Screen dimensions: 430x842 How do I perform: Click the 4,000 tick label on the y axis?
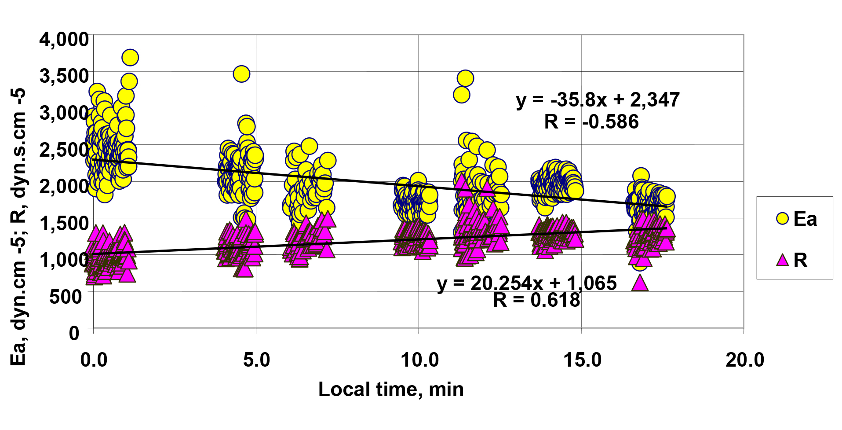(x=64, y=40)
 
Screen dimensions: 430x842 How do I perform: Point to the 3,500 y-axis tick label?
(x=64, y=76)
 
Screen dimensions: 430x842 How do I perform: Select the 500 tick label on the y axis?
(x=66, y=297)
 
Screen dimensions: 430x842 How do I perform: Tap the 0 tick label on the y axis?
(x=74, y=333)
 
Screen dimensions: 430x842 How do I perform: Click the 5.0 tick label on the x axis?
(x=256, y=360)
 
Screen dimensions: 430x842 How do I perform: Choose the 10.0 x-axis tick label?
(x=419, y=360)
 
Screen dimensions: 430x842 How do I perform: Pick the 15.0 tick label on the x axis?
(x=582, y=360)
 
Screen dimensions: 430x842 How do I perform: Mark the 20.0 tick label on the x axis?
(x=745, y=360)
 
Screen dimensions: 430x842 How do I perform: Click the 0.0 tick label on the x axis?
(x=94, y=360)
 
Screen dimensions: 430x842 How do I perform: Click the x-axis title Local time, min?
(x=391, y=390)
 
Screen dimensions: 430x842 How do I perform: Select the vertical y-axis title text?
(x=18, y=227)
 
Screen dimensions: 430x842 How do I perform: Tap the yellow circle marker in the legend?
(x=783, y=219)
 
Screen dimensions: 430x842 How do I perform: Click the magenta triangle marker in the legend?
(x=783, y=260)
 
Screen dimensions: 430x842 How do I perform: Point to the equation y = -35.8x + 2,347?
(x=598, y=100)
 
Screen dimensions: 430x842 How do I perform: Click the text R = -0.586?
(x=591, y=122)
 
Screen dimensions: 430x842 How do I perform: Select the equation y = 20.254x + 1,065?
(x=527, y=283)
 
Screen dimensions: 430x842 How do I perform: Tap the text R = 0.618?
(x=536, y=300)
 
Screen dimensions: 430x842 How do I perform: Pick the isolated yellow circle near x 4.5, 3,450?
(x=241, y=74)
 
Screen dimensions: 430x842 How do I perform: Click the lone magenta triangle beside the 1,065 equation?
(x=640, y=283)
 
